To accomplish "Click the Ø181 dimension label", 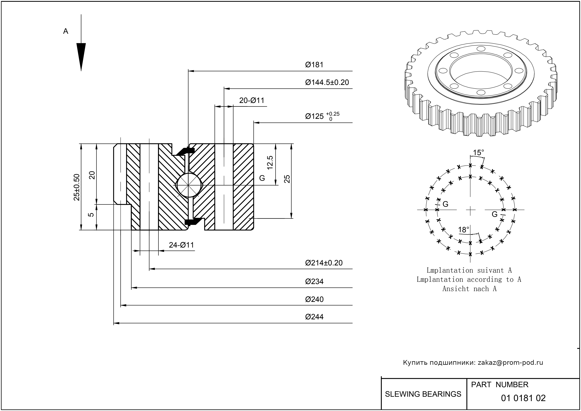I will pos(314,65).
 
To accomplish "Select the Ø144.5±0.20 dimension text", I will pos(327,83).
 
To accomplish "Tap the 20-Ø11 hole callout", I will pos(251,101).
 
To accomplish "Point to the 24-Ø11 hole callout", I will pos(181,245).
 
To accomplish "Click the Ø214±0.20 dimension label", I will pos(324,263).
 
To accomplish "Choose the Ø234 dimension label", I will pos(314,281).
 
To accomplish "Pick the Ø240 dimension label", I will pos(314,299).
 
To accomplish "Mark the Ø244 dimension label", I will pos(314,317).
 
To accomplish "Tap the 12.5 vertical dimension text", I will pos(270,162).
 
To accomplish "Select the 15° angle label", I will pos(478,153).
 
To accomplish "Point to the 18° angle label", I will pos(463,230).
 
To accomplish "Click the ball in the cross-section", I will pos(189,185).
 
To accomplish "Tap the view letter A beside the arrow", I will pos(66,31).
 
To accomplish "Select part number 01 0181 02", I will pos(523,398).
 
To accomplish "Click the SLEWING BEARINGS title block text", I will pos(423,394).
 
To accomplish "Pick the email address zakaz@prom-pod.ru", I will pos(510,363).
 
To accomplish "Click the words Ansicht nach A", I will pos(469,289).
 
